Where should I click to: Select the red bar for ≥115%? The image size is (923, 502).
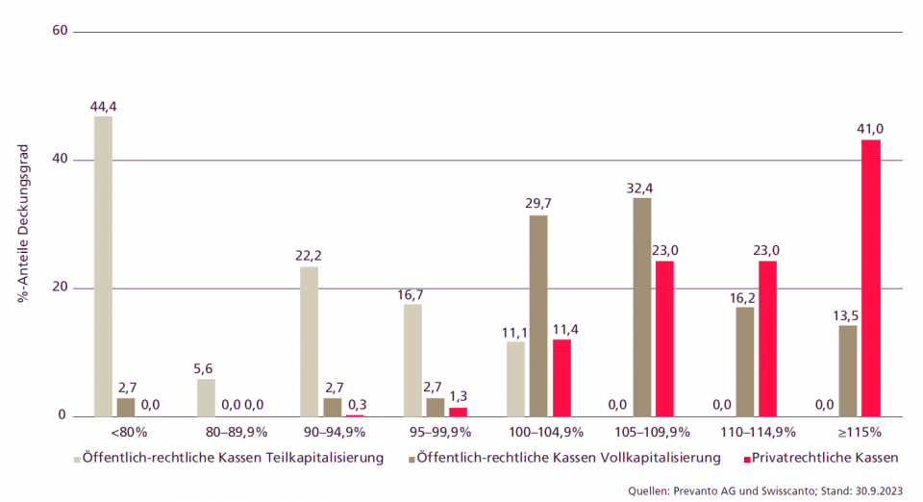pyautogui.click(x=870, y=278)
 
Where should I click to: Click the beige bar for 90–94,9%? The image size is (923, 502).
pyautogui.click(x=309, y=341)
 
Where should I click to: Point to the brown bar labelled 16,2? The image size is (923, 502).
pyautogui.click(x=744, y=362)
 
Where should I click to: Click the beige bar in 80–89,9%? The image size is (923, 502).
pyautogui.click(x=206, y=397)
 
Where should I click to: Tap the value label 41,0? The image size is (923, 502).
pyautogui.click(x=870, y=128)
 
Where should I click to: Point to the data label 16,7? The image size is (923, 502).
pyautogui.click(x=412, y=293)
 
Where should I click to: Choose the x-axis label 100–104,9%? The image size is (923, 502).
pyautogui.click(x=537, y=432)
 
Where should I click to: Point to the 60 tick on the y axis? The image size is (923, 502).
pyautogui.click(x=60, y=31)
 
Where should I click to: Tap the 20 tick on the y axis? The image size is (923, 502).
pyautogui.click(x=60, y=289)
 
